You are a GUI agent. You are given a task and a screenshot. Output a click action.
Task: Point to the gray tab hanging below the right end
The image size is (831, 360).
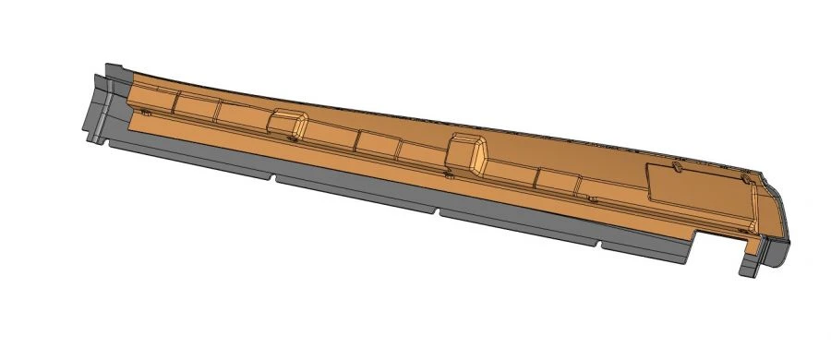748,262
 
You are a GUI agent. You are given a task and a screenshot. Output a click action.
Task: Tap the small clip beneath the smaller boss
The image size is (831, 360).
292,140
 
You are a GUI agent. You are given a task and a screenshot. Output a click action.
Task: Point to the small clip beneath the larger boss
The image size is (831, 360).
448,174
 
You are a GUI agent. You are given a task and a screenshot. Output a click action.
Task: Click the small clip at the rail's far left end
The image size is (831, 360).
145,112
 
